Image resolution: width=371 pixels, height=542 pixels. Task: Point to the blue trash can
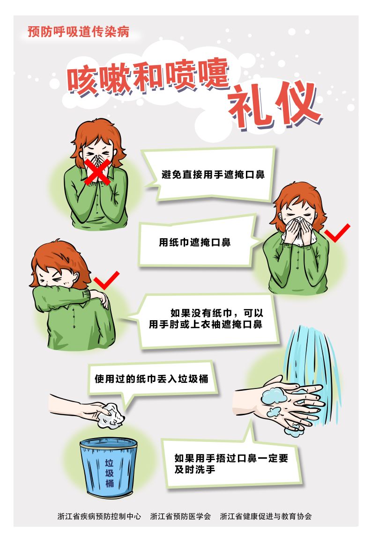click(x=108, y=467)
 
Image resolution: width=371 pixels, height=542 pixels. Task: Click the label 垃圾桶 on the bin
click(x=109, y=473)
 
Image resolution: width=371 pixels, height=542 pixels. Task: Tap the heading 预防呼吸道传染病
click(x=79, y=32)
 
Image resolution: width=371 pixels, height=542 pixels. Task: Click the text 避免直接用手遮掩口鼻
click(x=213, y=175)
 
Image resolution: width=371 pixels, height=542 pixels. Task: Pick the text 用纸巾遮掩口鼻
click(x=194, y=242)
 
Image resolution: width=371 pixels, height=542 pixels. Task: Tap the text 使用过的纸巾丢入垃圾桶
click(x=152, y=379)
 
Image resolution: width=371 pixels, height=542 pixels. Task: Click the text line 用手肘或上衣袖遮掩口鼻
click(x=206, y=324)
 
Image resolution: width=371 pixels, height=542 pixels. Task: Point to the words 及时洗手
click(x=195, y=469)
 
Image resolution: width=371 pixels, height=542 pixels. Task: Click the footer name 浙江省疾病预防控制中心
click(x=99, y=516)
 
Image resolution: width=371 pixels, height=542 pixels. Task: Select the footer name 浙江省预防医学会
click(x=181, y=516)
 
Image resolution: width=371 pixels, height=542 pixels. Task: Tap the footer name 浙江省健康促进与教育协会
click(x=266, y=516)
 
